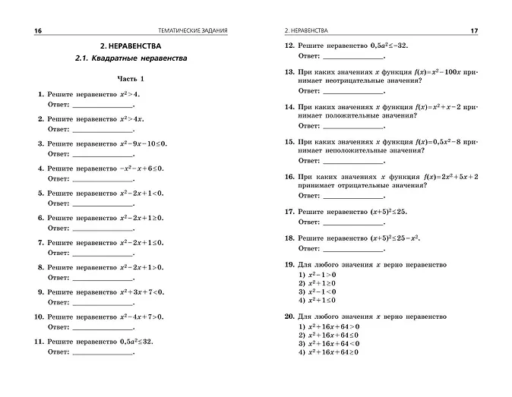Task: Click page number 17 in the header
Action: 473,30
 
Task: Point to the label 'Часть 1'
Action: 130,78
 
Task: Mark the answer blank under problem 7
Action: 102,254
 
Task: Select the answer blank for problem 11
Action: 102,353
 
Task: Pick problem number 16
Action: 289,176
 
